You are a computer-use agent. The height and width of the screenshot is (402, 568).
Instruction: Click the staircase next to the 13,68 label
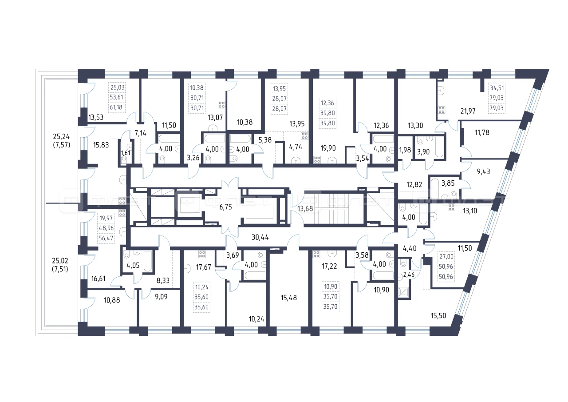[334, 208]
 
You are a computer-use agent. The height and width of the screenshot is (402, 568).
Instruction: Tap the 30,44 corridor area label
[260, 237]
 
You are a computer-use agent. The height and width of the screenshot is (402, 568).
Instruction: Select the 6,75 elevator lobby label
[225, 207]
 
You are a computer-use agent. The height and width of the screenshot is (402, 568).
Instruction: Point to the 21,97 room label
[468, 111]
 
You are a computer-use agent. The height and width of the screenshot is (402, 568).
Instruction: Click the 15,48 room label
[288, 298]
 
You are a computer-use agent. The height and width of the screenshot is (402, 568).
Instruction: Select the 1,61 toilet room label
[126, 153]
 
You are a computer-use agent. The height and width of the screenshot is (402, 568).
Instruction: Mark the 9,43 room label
[483, 171]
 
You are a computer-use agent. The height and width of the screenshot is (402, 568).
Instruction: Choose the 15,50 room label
[438, 315]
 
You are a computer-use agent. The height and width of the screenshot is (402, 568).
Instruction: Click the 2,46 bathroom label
[409, 275]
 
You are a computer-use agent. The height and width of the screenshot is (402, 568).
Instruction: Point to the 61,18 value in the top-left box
[116, 107]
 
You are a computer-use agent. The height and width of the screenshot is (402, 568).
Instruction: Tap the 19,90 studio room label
[328, 148]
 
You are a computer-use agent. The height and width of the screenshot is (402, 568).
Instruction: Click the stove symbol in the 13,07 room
[221, 104]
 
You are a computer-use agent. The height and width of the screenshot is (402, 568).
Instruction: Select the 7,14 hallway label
[140, 133]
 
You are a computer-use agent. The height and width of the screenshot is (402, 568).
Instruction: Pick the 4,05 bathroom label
[133, 266]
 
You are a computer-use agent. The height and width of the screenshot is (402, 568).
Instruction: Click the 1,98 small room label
[405, 150]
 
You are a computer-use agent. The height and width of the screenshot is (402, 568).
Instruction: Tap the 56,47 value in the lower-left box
[106, 238]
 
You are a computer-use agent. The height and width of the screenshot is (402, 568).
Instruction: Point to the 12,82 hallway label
[414, 184]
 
